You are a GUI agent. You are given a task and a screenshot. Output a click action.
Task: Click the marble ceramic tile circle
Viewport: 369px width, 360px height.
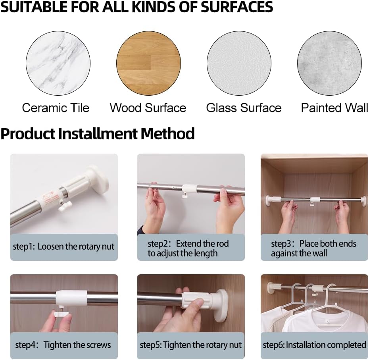click(x=58, y=64)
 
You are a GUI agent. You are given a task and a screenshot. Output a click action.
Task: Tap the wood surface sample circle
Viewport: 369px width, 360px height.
click(x=148, y=64)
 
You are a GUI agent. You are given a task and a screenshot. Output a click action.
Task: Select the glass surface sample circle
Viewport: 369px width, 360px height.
click(x=239, y=64)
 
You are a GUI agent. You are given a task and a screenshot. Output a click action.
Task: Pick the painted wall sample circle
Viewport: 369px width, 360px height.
click(x=329, y=64)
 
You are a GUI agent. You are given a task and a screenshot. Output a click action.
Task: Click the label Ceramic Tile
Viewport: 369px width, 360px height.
click(x=56, y=108)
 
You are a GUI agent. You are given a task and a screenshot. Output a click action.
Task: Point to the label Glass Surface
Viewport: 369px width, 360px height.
click(x=244, y=108)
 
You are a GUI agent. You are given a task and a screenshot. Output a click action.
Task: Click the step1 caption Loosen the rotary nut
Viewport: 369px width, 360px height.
click(x=63, y=246)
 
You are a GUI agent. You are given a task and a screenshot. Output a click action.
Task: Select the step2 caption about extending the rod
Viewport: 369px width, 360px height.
click(x=188, y=248)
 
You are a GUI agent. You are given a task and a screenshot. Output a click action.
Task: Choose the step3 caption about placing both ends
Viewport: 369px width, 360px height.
click(x=313, y=248)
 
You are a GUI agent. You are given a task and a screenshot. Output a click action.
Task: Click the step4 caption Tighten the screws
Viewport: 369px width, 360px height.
click(x=63, y=345)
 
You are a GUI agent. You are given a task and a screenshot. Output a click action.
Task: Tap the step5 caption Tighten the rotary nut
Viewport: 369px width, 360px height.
click(x=190, y=345)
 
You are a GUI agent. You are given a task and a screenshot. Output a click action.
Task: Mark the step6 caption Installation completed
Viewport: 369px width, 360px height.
click(x=314, y=345)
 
